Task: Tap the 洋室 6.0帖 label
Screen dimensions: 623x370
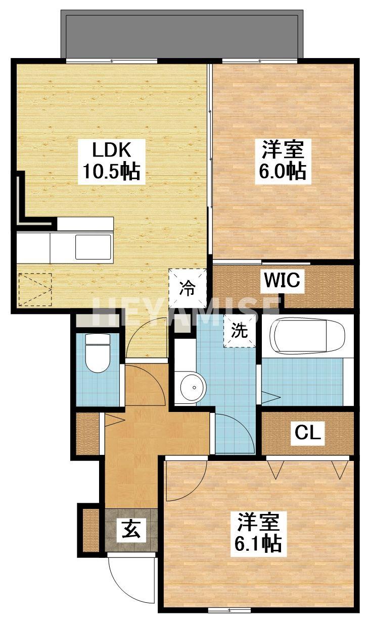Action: tap(283, 162)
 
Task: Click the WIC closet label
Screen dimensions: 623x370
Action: tap(281, 280)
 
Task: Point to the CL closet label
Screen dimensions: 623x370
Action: tap(308, 433)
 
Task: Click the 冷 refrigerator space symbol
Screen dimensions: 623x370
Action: tap(188, 288)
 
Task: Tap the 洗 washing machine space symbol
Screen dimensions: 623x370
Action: tap(240, 331)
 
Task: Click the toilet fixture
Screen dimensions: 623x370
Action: tap(97, 353)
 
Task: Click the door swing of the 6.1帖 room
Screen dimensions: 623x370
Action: tap(186, 477)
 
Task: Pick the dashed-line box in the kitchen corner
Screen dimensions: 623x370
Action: tap(35, 289)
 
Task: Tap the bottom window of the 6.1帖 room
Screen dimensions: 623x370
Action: tap(229, 610)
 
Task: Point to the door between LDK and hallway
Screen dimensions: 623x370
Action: tap(147, 341)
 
